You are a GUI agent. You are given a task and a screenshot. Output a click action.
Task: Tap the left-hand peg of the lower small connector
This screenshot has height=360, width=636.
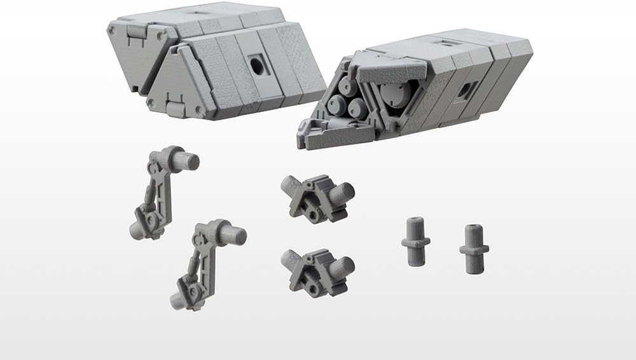click(290, 259)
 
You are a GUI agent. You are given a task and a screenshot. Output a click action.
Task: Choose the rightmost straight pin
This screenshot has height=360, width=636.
click(474, 248)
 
